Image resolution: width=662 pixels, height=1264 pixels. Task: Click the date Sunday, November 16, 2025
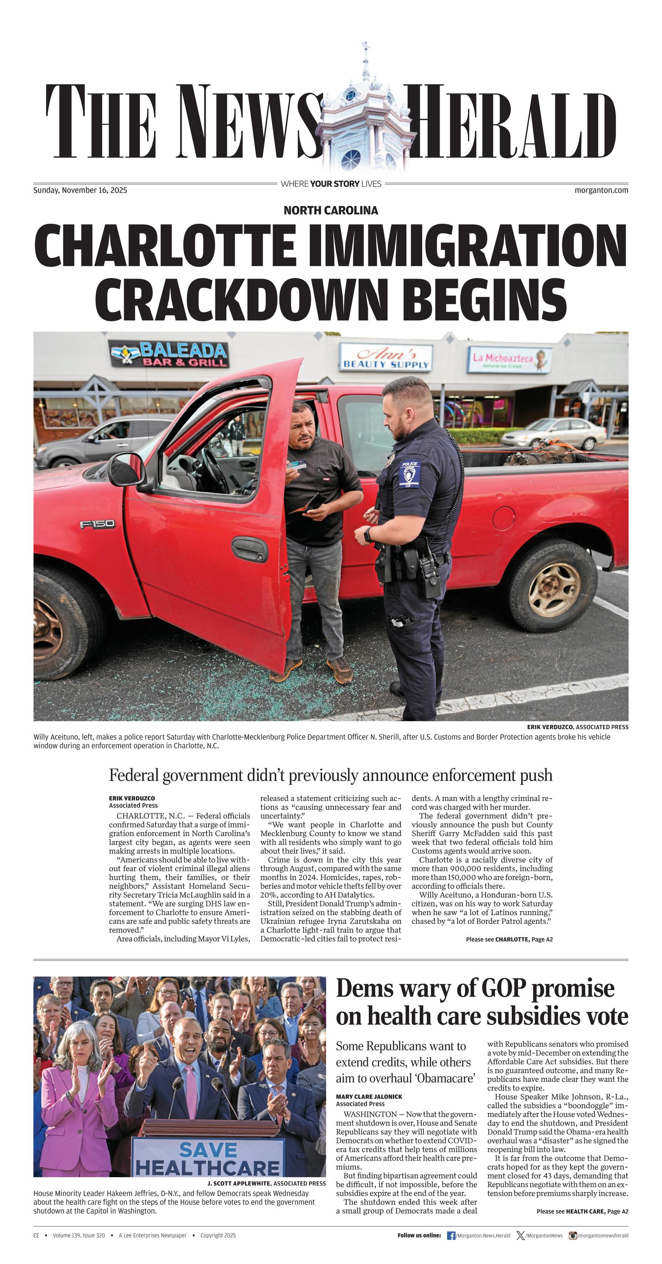pyautogui.click(x=80, y=190)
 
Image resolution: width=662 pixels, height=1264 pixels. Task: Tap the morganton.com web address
pyautogui.click(x=601, y=190)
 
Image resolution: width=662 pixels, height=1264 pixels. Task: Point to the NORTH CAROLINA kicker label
pyautogui.click(x=331, y=210)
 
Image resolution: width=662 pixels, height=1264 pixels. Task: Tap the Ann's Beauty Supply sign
pyautogui.click(x=386, y=358)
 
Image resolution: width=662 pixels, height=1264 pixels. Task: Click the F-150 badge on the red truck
pyautogui.click(x=97, y=525)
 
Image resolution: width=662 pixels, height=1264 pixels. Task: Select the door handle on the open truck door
pyautogui.click(x=249, y=549)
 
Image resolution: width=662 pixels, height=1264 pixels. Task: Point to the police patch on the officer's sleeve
pyautogui.click(x=409, y=474)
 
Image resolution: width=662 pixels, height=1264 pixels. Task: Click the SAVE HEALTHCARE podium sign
pyautogui.click(x=208, y=1158)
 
